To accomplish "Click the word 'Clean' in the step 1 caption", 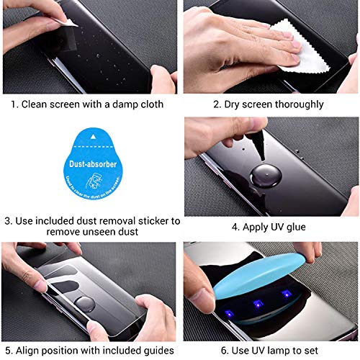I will (x=38, y=104).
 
